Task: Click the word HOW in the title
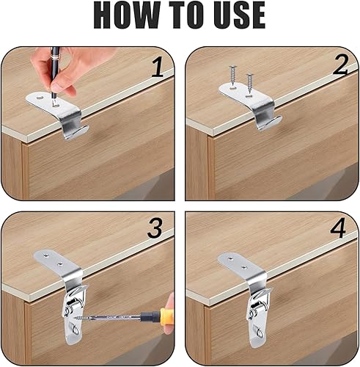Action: click(128, 15)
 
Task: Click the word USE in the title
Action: click(240, 15)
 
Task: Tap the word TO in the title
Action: click(188, 15)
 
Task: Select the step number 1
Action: click(157, 67)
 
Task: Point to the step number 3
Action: click(155, 228)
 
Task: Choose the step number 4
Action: click(338, 228)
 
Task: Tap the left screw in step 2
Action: click(232, 76)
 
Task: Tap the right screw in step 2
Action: click(249, 83)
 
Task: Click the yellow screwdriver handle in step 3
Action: click(167, 317)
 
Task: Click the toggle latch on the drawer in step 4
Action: click(257, 316)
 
